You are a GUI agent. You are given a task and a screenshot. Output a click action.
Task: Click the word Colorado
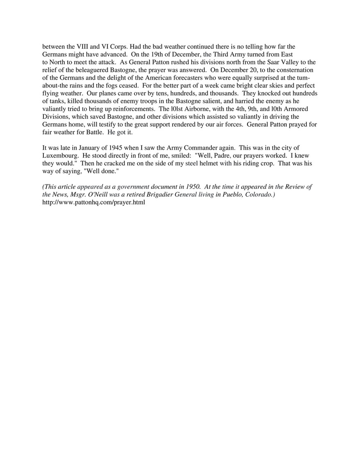[258, 195]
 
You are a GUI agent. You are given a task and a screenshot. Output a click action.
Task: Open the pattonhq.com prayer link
[94, 202]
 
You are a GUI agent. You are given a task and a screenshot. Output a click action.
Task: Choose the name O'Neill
[90, 195]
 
